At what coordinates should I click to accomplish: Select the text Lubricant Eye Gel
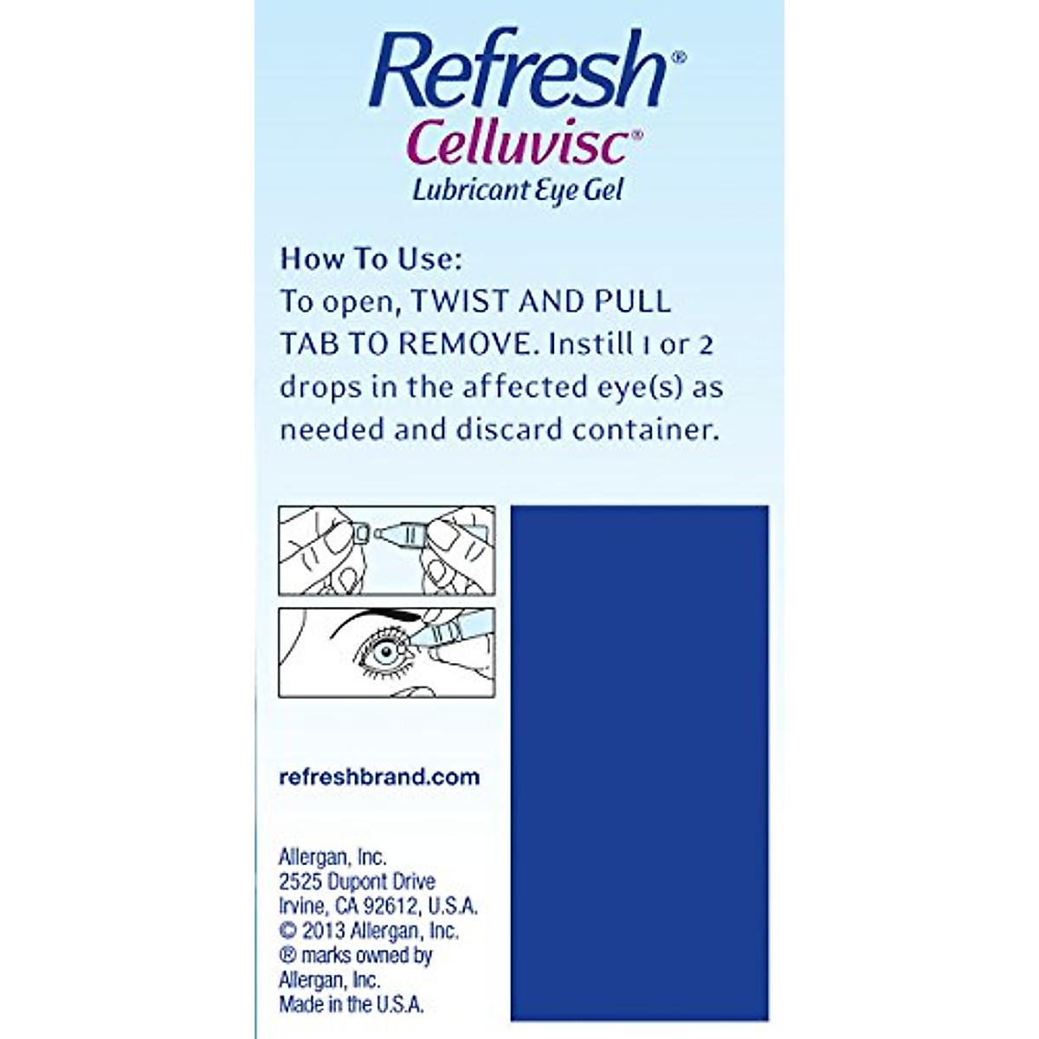pyautogui.click(x=518, y=190)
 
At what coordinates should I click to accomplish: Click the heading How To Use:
pyautogui.click(x=371, y=259)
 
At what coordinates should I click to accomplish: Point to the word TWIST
pyautogui.click(x=460, y=301)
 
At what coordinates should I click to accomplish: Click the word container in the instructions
pyautogui.click(x=646, y=429)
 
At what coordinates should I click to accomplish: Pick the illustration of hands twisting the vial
pyautogui.click(x=386, y=551)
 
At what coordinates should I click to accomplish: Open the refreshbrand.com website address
pyautogui.click(x=379, y=777)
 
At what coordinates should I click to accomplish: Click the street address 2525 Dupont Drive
pyautogui.click(x=357, y=881)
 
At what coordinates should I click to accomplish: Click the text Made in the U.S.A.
pyautogui.click(x=351, y=1005)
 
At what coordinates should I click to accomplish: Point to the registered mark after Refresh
pyautogui.click(x=679, y=58)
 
